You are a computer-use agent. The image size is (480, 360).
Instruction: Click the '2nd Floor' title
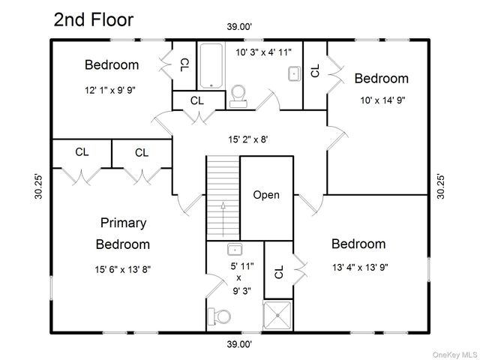pos(94,19)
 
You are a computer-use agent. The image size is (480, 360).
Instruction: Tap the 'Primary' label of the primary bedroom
pos(123,223)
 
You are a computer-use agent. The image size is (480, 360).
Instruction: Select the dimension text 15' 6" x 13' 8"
pos(123,270)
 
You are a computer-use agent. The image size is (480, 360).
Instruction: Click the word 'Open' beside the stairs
pos(266,195)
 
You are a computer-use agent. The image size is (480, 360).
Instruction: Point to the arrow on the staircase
pos(223,219)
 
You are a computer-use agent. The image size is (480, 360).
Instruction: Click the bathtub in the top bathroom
pos(211,66)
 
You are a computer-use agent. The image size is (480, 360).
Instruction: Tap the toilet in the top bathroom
pos(238,96)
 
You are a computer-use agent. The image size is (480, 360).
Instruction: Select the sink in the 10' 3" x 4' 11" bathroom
pos(294,73)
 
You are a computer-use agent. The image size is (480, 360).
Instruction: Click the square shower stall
pos(278,315)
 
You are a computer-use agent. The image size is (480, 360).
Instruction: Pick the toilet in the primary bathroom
pos(219,316)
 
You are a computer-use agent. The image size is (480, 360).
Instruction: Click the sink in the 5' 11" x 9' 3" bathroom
pos(235,250)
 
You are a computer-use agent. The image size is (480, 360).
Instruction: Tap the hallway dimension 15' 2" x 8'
pos(248,139)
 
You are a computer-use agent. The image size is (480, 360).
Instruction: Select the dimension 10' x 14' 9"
pos(382,100)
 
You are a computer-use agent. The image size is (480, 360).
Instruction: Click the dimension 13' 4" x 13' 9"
pos(360,268)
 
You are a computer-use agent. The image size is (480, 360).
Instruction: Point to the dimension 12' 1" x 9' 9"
pos(110,90)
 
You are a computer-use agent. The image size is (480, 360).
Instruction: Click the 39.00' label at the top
pos(239,27)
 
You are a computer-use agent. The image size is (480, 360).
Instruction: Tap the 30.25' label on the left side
pos(38,187)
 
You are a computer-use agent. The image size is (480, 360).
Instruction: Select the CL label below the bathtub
pos(196,100)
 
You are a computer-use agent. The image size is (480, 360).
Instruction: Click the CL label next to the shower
pos(279,271)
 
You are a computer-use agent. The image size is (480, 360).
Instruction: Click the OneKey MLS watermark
pos(455,355)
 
